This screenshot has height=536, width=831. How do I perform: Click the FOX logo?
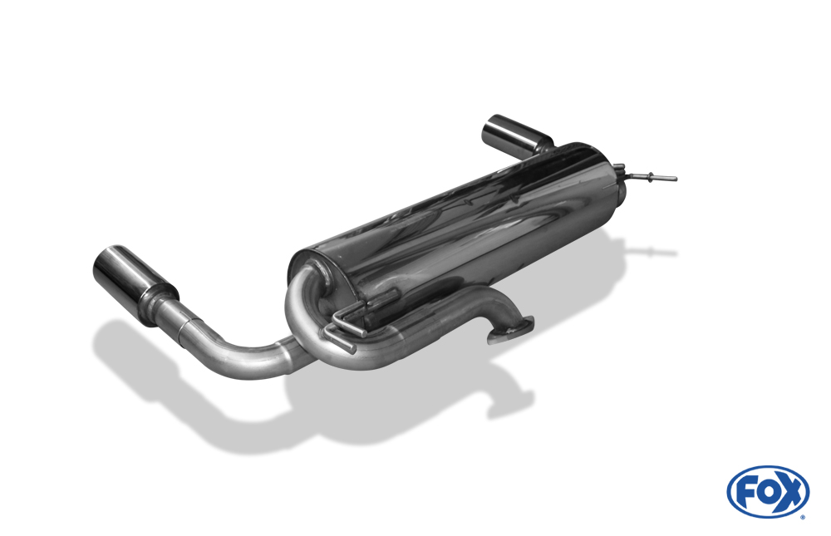(768, 491)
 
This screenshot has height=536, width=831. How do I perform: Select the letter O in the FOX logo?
(767, 493)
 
